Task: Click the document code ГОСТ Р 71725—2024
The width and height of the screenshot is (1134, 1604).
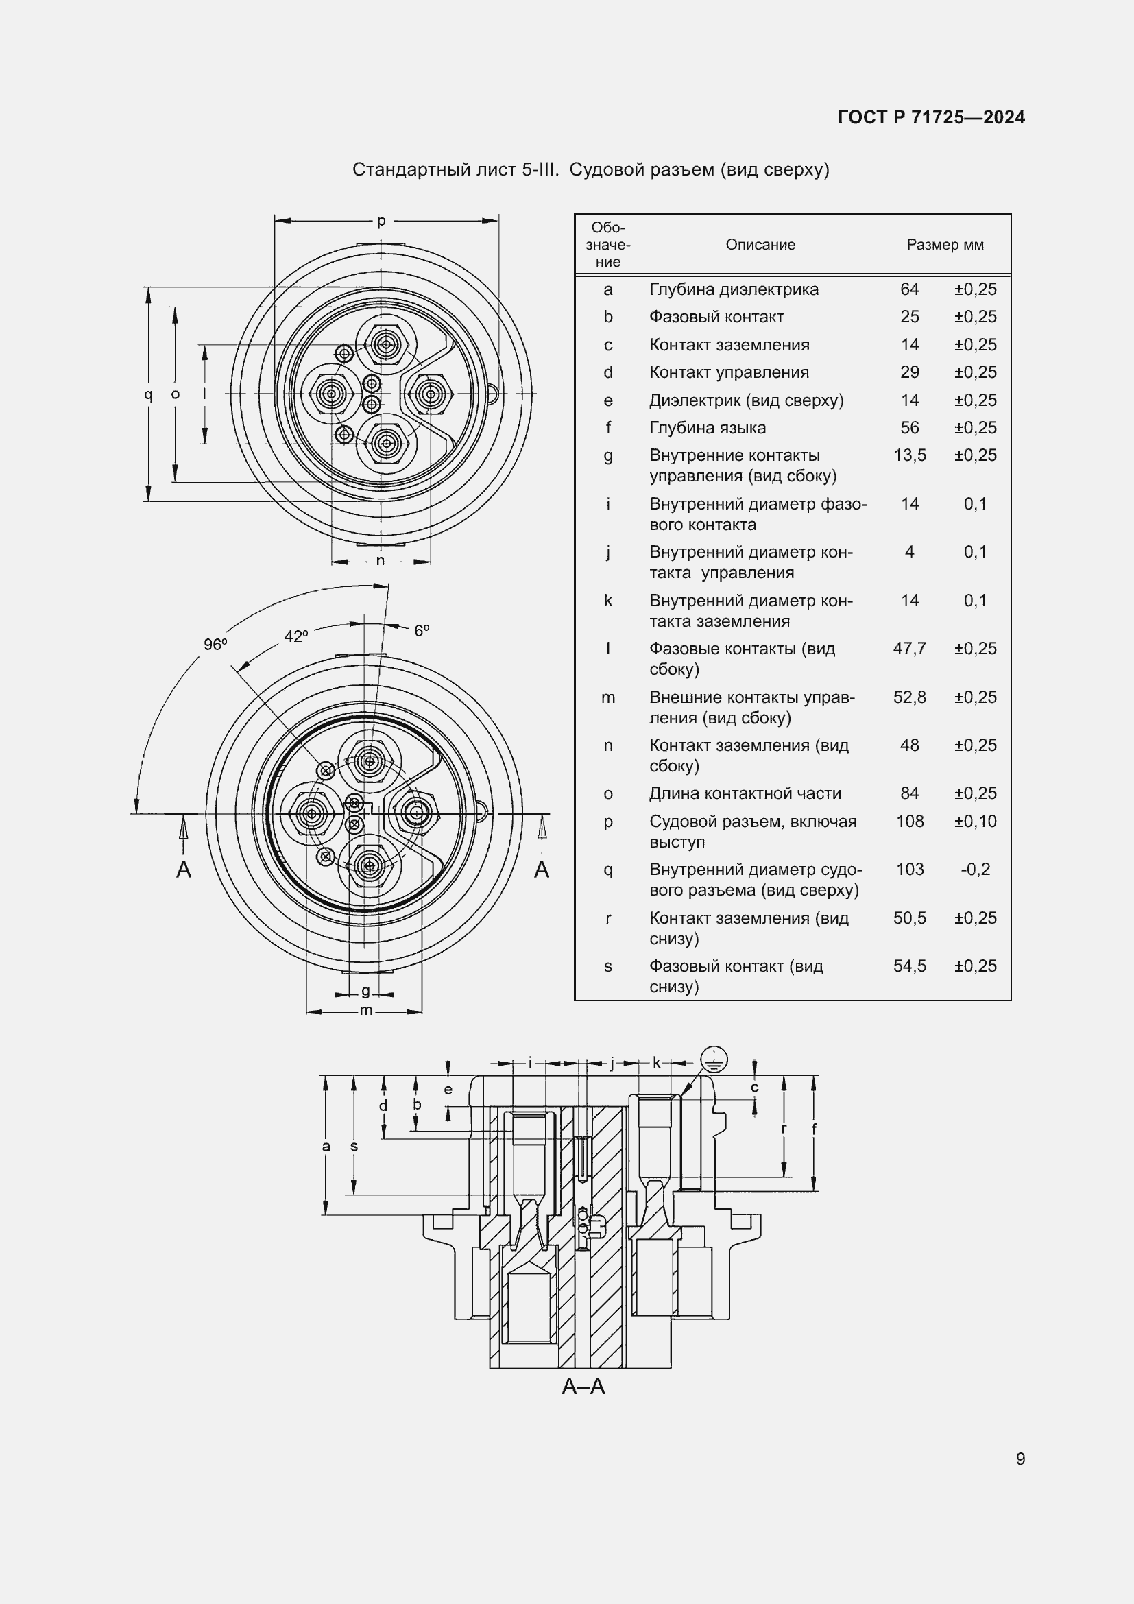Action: tap(931, 117)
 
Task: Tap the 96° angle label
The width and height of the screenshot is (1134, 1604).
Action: tap(215, 644)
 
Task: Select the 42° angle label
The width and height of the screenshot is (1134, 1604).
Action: tap(296, 636)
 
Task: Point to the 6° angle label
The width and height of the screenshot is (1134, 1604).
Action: tap(422, 631)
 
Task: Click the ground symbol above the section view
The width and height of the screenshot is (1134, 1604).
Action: tap(714, 1060)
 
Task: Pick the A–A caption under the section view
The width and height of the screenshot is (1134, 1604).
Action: tap(583, 1387)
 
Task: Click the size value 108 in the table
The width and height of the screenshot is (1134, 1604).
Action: tap(909, 821)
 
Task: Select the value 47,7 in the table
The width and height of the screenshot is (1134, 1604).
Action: tap(909, 648)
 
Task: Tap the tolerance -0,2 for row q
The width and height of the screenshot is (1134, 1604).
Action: tap(975, 869)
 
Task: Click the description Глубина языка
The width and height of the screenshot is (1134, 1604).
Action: tap(708, 427)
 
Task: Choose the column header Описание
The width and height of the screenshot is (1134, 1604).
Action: tap(760, 245)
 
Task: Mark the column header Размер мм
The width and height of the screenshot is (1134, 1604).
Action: tap(945, 245)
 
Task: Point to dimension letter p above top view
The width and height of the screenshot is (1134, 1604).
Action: tap(381, 222)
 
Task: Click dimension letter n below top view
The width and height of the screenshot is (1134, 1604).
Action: tap(380, 560)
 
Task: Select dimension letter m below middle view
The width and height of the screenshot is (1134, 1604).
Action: tap(365, 1011)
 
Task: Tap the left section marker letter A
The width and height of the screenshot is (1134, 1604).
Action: tap(184, 870)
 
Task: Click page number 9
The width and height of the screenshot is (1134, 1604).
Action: tap(1020, 1459)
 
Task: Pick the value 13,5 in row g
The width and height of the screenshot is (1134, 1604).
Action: tap(909, 455)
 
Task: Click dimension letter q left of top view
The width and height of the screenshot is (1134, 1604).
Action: tap(148, 394)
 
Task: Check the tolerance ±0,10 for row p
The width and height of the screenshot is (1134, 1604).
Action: tap(975, 821)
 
